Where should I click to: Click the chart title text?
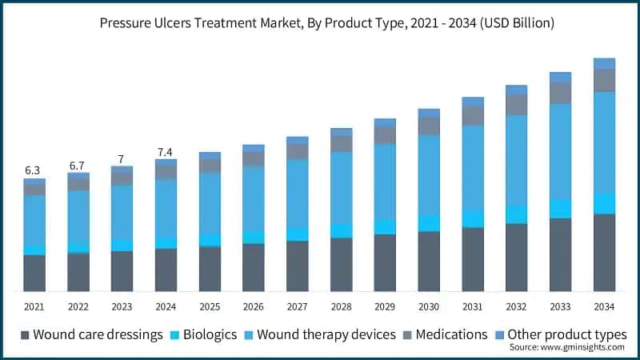pos(320,24)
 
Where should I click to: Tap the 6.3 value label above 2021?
pos(33,170)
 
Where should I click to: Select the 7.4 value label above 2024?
pos(165,152)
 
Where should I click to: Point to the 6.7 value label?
pos(77,166)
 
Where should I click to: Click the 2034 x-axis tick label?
pos(604,306)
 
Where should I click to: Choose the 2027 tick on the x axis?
pos(297,306)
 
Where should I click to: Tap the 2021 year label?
pos(34,306)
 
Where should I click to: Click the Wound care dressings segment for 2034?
pos(604,252)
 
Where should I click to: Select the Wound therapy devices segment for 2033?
pos(560,151)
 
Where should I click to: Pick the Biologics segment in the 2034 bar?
pos(604,204)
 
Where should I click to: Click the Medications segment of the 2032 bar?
pos(516,105)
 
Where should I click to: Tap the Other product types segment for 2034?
pos(604,63)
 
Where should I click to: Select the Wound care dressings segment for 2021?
pos(34,273)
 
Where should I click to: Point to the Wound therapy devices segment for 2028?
pos(341,188)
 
